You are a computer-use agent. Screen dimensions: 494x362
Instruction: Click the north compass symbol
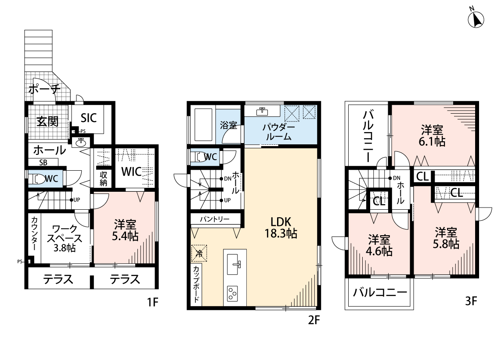pos(476,19)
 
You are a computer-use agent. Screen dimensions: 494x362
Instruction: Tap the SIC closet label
pos(89,118)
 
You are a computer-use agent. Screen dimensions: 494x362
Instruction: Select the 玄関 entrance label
pos(47,121)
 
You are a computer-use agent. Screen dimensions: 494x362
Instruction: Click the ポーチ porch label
pos(44,90)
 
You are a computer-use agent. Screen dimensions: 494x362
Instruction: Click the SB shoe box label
pos(43,162)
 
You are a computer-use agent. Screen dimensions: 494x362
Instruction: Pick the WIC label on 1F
pos(131,172)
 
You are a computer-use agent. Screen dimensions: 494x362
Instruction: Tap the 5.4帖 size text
pos(125,236)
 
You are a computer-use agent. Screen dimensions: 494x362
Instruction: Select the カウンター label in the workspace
pos(34,234)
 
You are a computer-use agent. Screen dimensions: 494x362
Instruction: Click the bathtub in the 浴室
pos(203,125)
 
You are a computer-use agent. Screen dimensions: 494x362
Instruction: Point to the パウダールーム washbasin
pos(262,111)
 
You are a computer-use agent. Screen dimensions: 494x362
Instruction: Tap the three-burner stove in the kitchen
pos(233,294)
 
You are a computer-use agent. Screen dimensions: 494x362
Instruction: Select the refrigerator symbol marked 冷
pos(199,253)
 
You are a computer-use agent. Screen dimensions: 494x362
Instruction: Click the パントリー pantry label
pos(215,219)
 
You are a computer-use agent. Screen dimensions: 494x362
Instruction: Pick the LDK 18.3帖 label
pos(281,228)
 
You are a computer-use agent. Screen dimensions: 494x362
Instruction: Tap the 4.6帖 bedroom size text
pos(379,251)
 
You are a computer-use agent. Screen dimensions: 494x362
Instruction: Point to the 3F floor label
pos(471,301)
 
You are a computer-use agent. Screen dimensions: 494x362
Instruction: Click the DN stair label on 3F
pos(397,178)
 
